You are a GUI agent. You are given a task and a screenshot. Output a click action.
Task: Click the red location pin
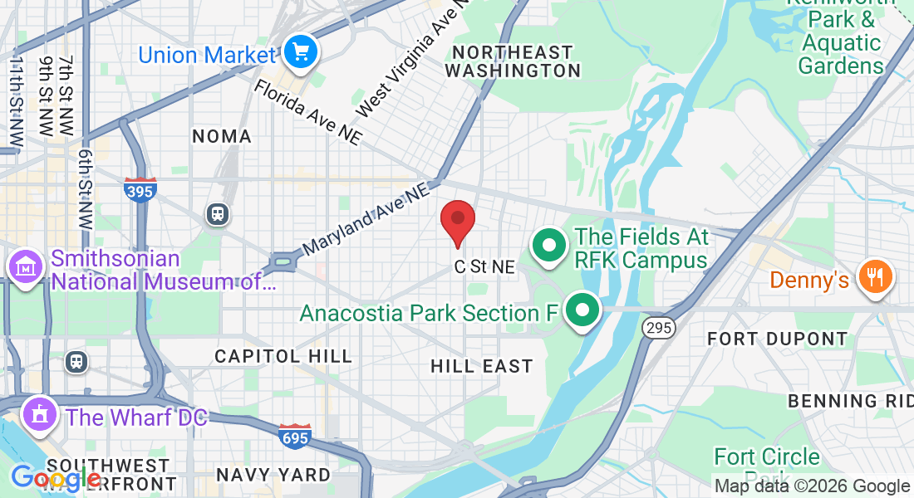click(457, 222)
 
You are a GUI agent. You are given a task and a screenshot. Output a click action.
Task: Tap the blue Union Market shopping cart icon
click(299, 53)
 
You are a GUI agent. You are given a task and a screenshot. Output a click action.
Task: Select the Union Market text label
click(206, 56)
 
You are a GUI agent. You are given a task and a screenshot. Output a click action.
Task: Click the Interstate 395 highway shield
click(140, 190)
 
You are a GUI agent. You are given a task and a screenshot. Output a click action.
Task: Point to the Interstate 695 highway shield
click(295, 436)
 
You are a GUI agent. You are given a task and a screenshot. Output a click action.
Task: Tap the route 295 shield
click(657, 329)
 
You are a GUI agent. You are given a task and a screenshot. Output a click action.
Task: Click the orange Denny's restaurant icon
click(875, 276)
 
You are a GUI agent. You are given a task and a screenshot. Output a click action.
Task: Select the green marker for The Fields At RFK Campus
click(548, 247)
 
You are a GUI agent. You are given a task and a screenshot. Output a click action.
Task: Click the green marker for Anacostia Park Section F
click(582, 310)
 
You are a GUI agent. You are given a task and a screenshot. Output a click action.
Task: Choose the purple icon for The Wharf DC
click(38, 415)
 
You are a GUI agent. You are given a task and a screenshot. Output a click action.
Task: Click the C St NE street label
click(484, 267)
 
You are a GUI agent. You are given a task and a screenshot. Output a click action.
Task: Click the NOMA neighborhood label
click(221, 136)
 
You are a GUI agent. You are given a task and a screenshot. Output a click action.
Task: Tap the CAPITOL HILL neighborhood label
click(283, 356)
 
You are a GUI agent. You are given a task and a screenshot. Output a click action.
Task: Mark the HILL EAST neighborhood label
click(482, 366)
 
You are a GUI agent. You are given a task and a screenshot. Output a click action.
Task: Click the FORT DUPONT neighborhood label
click(777, 339)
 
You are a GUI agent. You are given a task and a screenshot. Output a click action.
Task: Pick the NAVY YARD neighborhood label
click(273, 476)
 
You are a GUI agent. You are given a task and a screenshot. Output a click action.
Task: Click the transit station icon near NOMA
click(218, 213)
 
